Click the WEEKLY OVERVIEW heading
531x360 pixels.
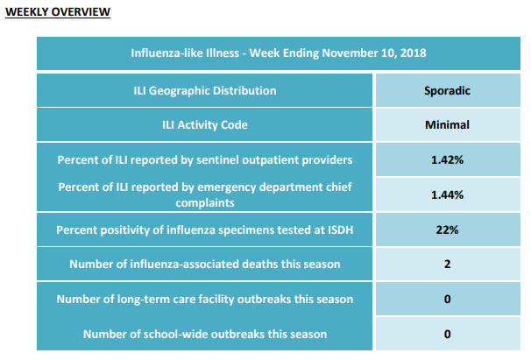(x=58, y=12)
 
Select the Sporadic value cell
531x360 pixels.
(x=448, y=90)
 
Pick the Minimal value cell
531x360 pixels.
(x=448, y=124)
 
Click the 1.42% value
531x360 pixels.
(x=448, y=159)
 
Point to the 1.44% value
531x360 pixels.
(x=448, y=194)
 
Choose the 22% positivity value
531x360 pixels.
(x=448, y=230)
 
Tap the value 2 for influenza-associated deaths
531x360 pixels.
(x=448, y=265)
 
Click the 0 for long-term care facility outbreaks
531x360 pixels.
(x=448, y=299)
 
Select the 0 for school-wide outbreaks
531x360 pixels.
(x=448, y=335)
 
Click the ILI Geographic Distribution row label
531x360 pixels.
(x=205, y=91)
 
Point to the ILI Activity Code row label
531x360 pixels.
(x=205, y=125)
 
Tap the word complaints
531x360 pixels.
(x=205, y=203)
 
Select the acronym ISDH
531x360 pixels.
(x=340, y=230)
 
